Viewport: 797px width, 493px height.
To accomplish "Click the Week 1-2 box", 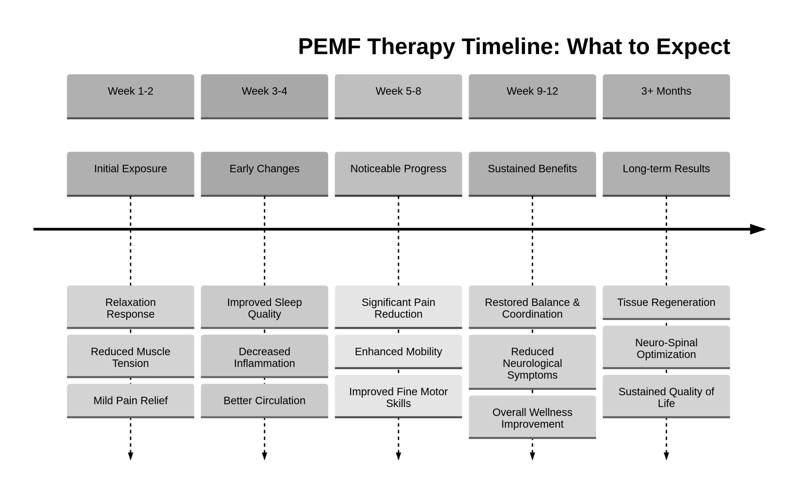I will (130, 96).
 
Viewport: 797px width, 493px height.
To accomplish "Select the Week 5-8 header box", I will (398, 96).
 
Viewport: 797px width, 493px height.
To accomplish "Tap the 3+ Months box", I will (666, 96).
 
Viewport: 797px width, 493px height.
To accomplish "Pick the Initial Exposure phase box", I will (130, 174).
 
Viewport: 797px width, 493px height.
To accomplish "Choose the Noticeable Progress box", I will (398, 174).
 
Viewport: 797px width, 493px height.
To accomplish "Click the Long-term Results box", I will (666, 174).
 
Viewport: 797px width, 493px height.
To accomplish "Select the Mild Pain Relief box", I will (130, 400).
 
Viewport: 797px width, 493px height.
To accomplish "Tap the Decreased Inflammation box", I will (264, 356).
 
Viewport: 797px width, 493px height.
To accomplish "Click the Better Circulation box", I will (264, 400).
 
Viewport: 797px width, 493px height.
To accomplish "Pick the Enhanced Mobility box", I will (398, 351).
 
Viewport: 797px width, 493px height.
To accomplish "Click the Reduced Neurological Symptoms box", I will (532, 362).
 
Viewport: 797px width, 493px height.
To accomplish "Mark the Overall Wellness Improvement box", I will (532, 417).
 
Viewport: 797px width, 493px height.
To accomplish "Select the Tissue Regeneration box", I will (666, 302).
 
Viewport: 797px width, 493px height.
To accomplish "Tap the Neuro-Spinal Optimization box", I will (666, 347).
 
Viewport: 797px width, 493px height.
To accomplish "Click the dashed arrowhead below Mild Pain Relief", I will (130, 455).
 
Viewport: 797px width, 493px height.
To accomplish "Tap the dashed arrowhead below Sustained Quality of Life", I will (666, 455).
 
